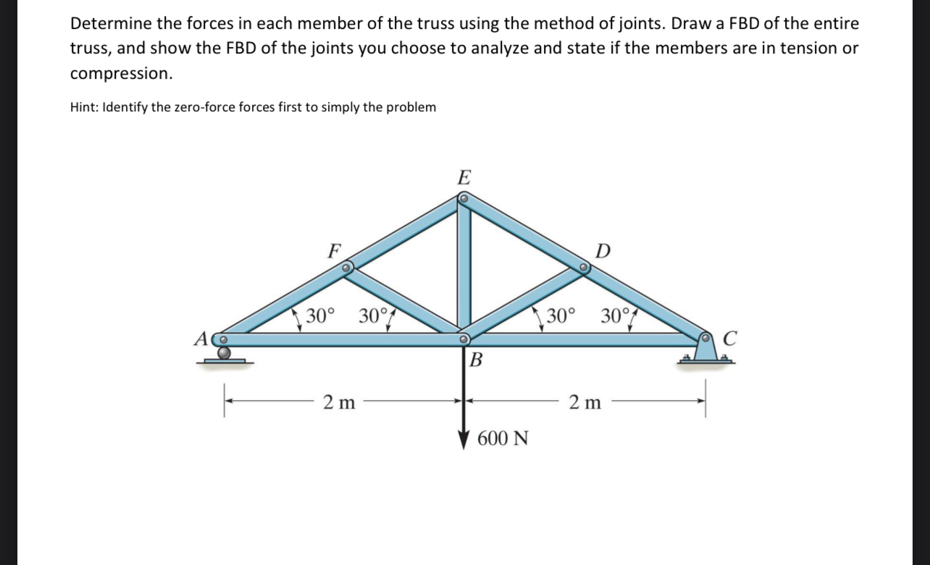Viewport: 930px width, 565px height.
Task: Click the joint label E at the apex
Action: (464, 177)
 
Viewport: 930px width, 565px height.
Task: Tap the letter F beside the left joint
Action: (334, 250)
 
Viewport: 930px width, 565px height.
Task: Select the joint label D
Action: (603, 250)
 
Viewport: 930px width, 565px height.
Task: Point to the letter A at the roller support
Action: (201, 339)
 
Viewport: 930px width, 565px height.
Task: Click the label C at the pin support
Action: (730, 338)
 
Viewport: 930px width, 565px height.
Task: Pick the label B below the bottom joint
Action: (476, 360)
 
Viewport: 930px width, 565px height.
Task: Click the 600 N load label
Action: (503, 438)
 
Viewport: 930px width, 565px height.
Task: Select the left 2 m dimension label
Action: (339, 402)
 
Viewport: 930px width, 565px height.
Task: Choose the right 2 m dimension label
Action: (585, 402)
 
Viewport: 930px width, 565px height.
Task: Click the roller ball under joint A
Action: (225, 353)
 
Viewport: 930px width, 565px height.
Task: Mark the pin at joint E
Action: (464, 199)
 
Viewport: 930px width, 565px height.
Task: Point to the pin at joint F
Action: (345, 268)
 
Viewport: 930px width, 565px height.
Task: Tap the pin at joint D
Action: (583, 267)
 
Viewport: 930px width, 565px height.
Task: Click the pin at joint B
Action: (464, 339)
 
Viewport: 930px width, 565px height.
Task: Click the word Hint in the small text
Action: (83, 107)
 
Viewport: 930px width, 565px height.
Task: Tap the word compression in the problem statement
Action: (121, 73)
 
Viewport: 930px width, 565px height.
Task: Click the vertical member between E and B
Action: (464, 265)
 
